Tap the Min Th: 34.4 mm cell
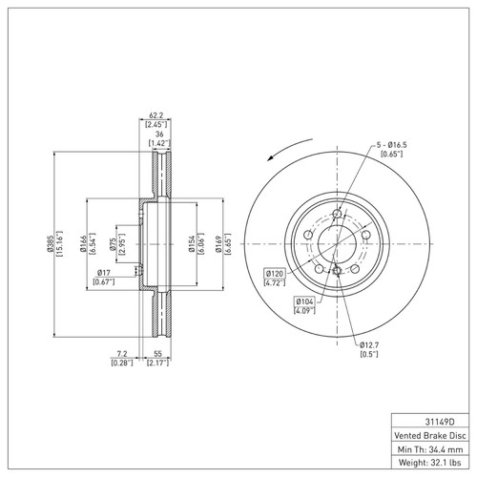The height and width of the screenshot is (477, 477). [x=430, y=447]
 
